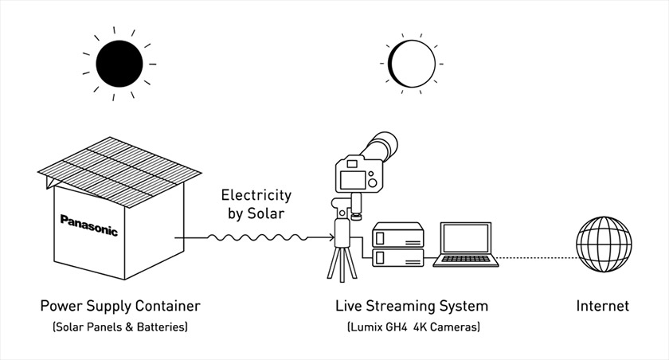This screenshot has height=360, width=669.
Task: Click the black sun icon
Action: (119, 62)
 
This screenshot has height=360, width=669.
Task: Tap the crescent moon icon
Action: (413, 62)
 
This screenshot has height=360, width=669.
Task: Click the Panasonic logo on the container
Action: (88, 225)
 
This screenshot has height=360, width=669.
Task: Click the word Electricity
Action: (256, 194)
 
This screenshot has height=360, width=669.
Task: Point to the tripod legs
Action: (343, 263)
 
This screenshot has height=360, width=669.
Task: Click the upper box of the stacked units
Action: (397, 235)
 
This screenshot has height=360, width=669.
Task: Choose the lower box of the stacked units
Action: (397, 256)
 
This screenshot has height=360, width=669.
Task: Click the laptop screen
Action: (465, 239)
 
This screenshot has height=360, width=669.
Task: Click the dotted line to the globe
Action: (542, 257)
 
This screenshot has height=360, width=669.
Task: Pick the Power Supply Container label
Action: (120, 306)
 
